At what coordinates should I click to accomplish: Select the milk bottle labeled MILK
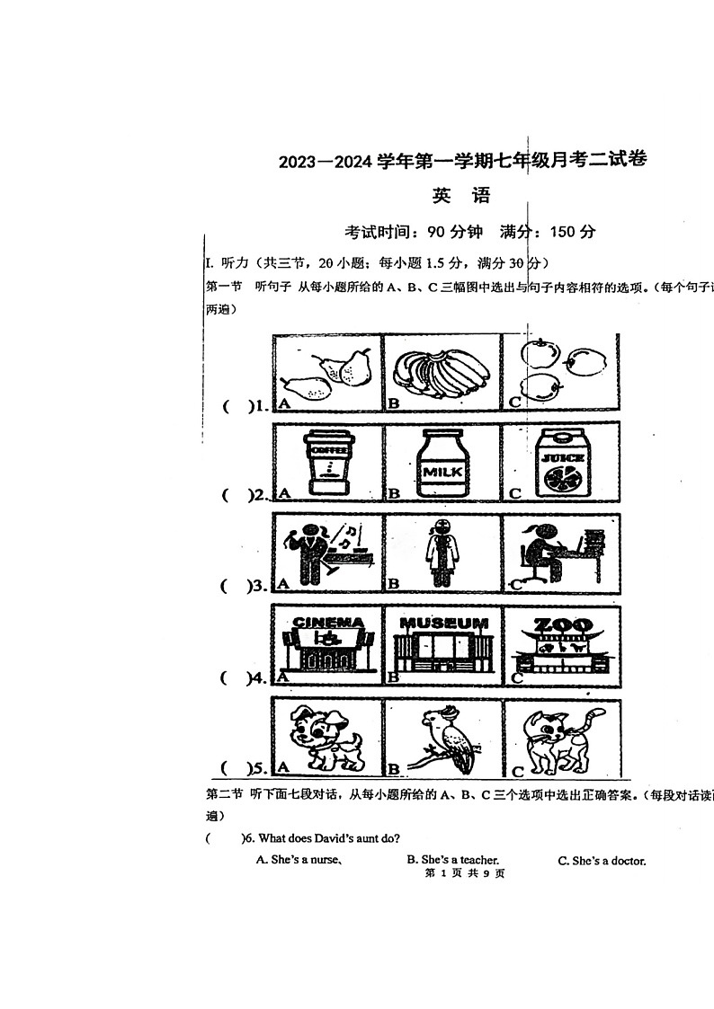coord(442,465)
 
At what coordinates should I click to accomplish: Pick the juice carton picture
coord(561,464)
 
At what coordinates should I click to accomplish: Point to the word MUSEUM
coord(444,623)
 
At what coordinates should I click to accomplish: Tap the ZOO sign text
coord(564,624)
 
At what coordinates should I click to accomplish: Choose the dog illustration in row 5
coord(327,737)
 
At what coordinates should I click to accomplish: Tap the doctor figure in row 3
coord(441,553)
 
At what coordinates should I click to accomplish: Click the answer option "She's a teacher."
coord(452,860)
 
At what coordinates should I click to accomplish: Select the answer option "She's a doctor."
coord(602,861)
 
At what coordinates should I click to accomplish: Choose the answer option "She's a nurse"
coord(298,860)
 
